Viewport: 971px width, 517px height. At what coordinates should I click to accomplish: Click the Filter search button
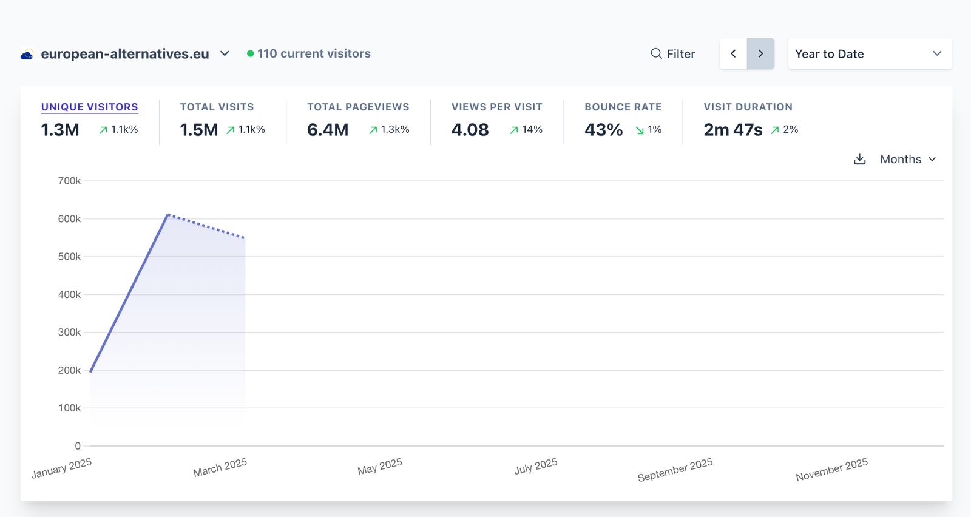pyautogui.click(x=672, y=54)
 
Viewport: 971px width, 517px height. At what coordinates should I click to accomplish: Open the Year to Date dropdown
pyautogui.click(x=869, y=54)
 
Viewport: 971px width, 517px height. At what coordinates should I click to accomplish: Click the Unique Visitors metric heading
pyautogui.click(x=89, y=107)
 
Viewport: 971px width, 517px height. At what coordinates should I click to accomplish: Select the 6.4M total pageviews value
pyautogui.click(x=328, y=130)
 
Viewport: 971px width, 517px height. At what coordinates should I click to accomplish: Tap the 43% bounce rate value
pyautogui.click(x=603, y=130)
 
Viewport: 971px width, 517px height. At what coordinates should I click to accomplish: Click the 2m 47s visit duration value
pyautogui.click(x=732, y=130)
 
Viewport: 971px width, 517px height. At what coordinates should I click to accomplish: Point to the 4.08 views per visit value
pyautogui.click(x=470, y=130)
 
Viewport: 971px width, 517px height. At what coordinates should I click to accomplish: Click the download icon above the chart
pyautogui.click(x=859, y=159)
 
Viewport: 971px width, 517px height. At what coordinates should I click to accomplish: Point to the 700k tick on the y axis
pyautogui.click(x=69, y=181)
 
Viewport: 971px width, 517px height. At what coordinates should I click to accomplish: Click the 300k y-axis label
pyautogui.click(x=69, y=333)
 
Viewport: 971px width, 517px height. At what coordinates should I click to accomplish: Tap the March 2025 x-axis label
pyautogui.click(x=220, y=468)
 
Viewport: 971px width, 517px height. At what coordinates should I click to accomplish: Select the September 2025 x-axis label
pyautogui.click(x=675, y=470)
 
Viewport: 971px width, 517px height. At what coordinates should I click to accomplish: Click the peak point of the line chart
pyautogui.click(x=168, y=214)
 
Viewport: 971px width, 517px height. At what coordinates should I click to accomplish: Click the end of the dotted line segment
pyautogui.click(x=245, y=238)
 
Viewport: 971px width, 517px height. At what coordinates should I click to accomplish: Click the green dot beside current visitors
pyautogui.click(x=250, y=53)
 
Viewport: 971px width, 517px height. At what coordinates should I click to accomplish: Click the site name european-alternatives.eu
pyautogui.click(x=125, y=54)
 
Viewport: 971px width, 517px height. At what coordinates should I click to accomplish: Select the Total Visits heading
pyautogui.click(x=217, y=107)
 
